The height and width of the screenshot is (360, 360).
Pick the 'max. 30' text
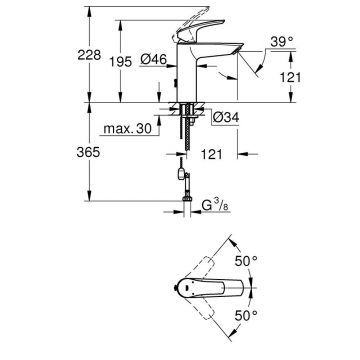(130, 129)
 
